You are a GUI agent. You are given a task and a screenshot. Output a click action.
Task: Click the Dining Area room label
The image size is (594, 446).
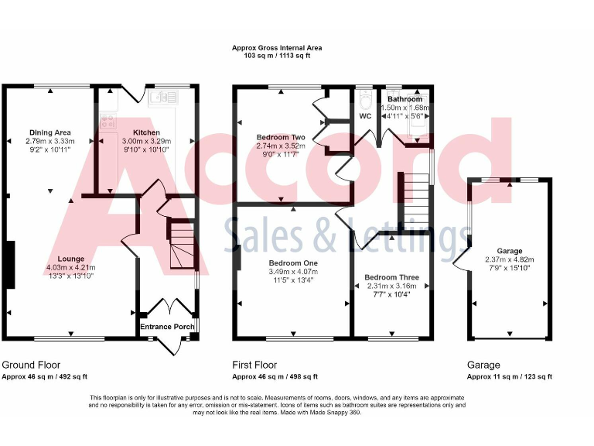click(x=50, y=132)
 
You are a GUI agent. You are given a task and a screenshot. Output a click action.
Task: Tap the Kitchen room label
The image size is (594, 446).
click(x=146, y=132)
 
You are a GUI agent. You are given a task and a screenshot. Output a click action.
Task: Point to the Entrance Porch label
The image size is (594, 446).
click(x=167, y=326)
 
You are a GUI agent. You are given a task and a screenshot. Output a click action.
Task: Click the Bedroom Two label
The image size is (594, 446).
click(x=281, y=137)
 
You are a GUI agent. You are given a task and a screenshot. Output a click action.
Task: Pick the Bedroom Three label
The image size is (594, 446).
click(x=391, y=277)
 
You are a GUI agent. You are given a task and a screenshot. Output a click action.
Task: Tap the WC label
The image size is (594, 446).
click(x=366, y=116)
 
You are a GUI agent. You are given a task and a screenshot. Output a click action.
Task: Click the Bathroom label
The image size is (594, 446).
click(x=405, y=99)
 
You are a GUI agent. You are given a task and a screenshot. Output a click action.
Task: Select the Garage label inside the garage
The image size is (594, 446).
click(x=510, y=251)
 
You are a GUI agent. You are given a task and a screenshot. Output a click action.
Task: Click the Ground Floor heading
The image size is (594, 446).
click(x=31, y=365)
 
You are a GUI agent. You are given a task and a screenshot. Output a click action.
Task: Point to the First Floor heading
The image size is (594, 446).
click(x=254, y=365)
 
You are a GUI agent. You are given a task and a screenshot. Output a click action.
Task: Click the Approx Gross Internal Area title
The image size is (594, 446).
click(x=277, y=48)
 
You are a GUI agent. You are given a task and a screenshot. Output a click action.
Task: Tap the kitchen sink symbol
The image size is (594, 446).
click(x=164, y=97)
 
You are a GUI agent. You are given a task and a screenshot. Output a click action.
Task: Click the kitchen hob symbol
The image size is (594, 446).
click(x=106, y=120)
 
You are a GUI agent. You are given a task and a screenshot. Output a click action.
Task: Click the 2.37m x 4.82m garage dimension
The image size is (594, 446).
click(x=510, y=260)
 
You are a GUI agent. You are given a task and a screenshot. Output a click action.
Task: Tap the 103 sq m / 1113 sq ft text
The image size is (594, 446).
click(x=277, y=57)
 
